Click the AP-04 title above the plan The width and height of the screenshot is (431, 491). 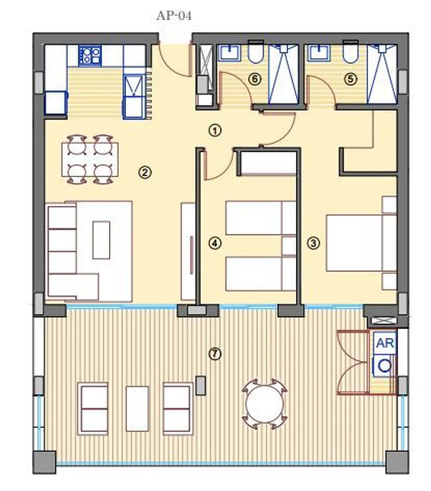[174, 16]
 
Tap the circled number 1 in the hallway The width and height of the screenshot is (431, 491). [215, 131]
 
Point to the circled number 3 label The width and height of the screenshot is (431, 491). [313, 243]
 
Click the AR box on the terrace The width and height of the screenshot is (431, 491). [385, 343]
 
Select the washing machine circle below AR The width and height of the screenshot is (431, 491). [384, 366]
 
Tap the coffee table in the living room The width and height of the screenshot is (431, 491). [101, 240]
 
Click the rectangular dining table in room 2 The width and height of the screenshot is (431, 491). [90, 159]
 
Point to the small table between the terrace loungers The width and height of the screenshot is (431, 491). [137, 408]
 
